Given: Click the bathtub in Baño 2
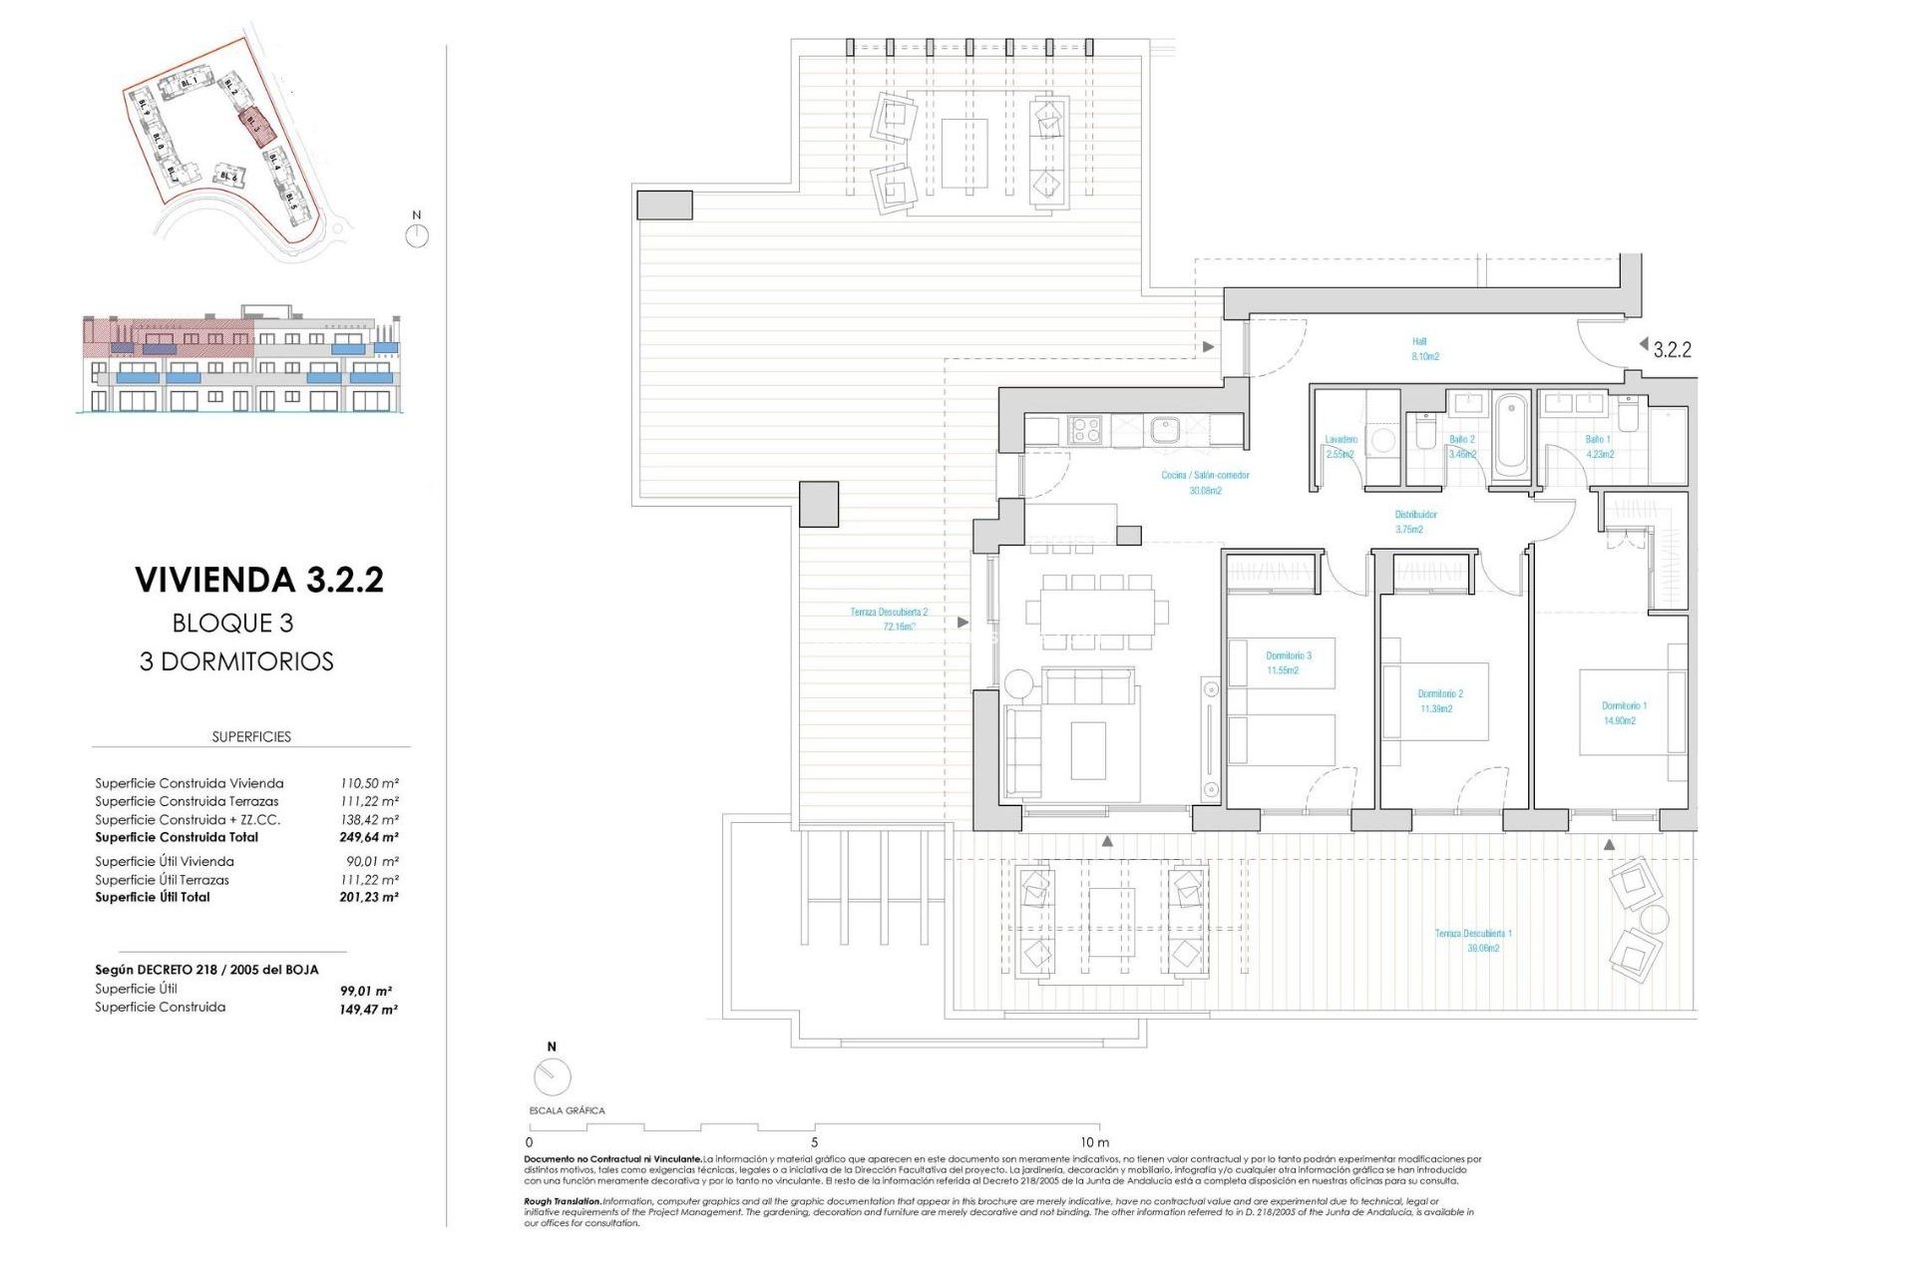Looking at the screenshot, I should (1511, 436).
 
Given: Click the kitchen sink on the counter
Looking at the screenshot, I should (1163, 430).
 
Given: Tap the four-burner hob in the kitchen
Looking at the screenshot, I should (1085, 430).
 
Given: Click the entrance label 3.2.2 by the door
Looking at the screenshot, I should (1672, 349).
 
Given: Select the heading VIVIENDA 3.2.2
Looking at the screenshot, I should (259, 580).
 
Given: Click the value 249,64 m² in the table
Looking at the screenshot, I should (368, 837).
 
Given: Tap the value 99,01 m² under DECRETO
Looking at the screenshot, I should (365, 991).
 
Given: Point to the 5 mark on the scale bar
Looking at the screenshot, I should (814, 1141).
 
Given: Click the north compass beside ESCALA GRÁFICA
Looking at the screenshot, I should (552, 1076).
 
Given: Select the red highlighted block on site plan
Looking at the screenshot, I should (254, 128).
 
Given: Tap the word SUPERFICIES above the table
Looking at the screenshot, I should (251, 736).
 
